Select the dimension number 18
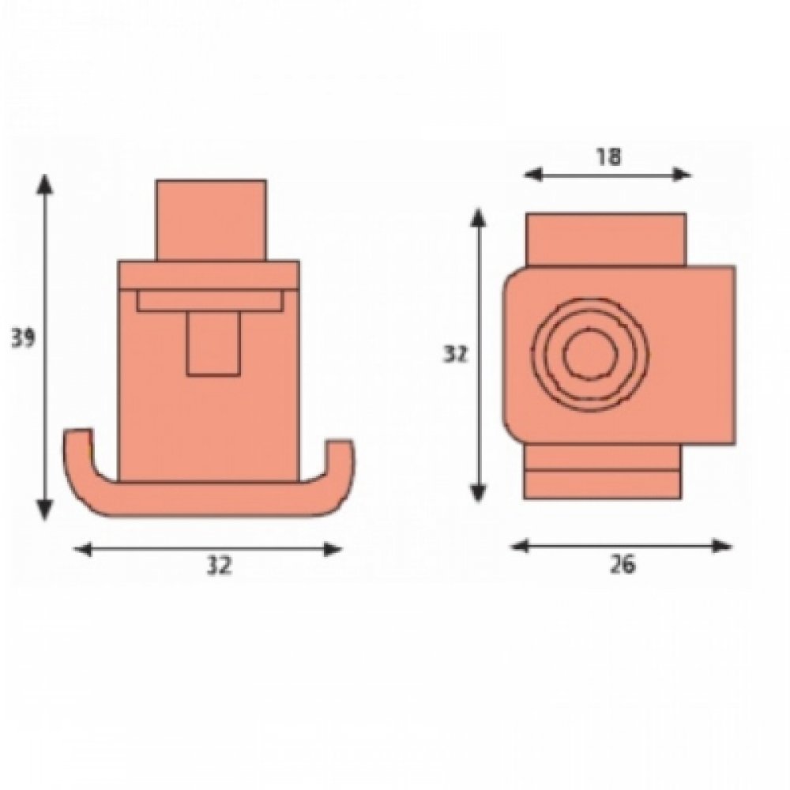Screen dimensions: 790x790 [609, 156]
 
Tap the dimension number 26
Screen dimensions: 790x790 [623, 564]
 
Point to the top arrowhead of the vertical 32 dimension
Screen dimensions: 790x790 [477, 216]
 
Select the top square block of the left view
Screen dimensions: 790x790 [210, 220]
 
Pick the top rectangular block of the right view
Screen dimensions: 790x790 [605, 238]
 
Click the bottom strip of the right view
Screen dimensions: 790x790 [601, 484]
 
